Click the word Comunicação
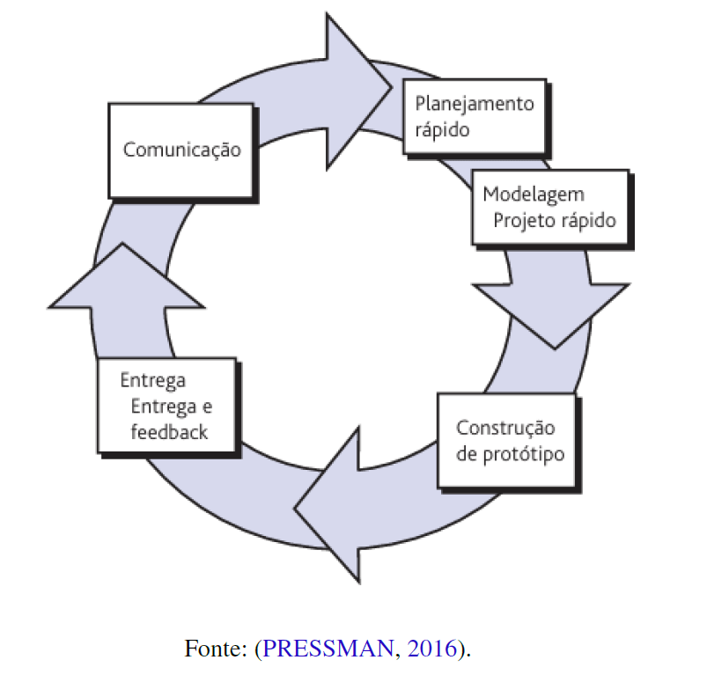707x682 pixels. pos(181,149)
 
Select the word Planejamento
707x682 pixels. pos(474,104)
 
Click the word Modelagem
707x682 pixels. pos(534,194)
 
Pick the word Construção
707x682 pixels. pos(505,428)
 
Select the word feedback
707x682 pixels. pos(169,432)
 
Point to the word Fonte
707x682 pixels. pos(214,649)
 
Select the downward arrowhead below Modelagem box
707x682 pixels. pos(553,312)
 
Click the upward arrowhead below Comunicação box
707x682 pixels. pos(125,277)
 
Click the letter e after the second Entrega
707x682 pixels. pos(207,407)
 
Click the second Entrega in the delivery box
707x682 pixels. pos(163,407)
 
